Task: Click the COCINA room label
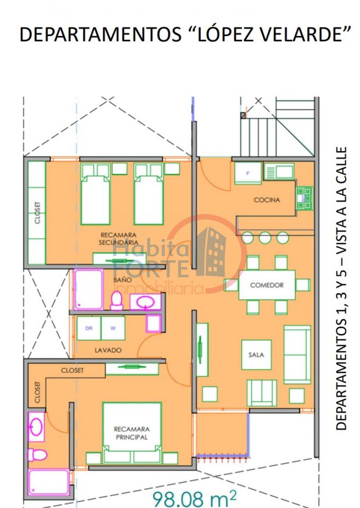coord(267,200)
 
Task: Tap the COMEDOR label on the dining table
coord(267,285)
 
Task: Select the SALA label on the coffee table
coord(256,355)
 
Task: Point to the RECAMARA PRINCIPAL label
coord(131,433)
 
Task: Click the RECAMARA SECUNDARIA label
coord(118,239)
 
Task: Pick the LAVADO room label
coord(108,350)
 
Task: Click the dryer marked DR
coord(89,328)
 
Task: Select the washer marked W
coord(113,328)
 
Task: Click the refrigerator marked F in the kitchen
coord(247,173)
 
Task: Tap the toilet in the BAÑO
coord(117,300)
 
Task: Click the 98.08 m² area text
coord(194,498)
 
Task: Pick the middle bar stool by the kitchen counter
coord(265,237)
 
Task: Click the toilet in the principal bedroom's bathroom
coord(37,455)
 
